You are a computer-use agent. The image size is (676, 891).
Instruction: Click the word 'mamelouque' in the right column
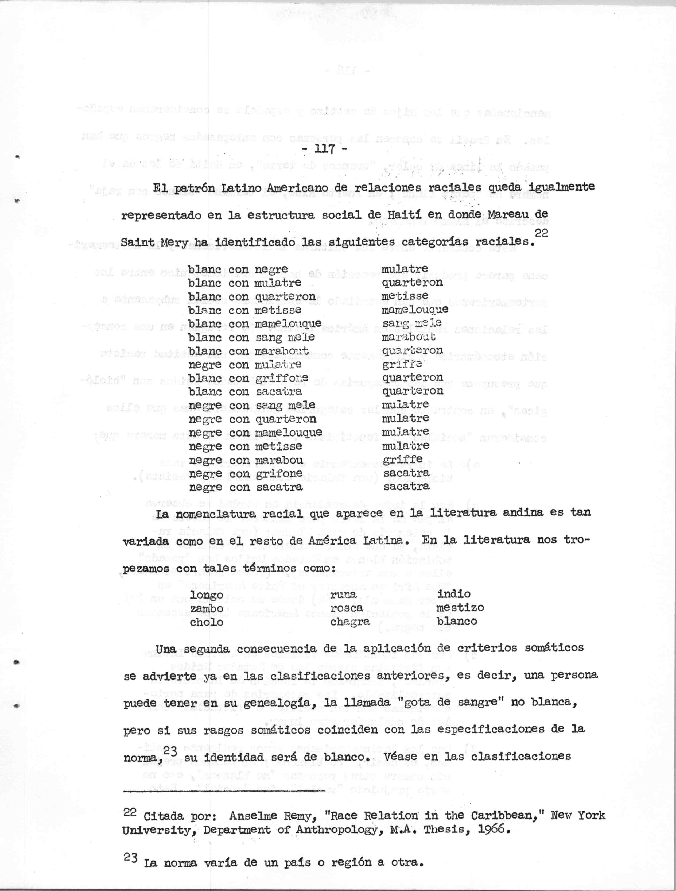click(415, 310)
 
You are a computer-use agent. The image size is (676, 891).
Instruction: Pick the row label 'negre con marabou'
click(245, 460)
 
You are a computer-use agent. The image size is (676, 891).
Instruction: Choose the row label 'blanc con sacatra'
click(245, 392)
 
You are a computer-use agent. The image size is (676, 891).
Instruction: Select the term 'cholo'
click(207, 622)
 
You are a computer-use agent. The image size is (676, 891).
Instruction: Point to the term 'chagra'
click(349, 622)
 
